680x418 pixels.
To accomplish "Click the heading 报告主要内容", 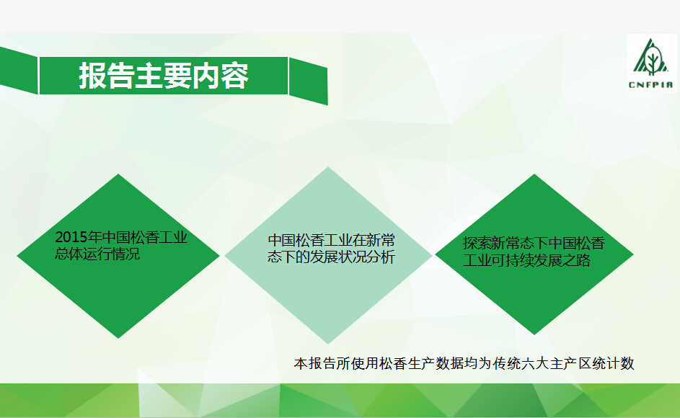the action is [x=164, y=76].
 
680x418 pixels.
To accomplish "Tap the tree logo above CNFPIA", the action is [x=651, y=57].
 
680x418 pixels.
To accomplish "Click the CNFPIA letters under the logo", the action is [x=651, y=84].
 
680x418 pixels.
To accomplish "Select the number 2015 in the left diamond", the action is [x=71, y=237].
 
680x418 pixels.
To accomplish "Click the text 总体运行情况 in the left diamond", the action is [x=97, y=254].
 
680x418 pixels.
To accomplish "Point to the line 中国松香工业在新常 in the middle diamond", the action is [x=331, y=240].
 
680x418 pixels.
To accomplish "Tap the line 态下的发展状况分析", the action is [x=331, y=257].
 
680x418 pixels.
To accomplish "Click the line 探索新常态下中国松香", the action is [x=534, y=243].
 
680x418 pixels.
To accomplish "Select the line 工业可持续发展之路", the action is [x=527, y=260].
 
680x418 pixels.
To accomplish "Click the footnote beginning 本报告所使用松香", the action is [x=464, y=363].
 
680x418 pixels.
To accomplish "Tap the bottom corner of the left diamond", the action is [x=118, y=338].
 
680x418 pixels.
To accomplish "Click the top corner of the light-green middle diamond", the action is [x=328, y=167].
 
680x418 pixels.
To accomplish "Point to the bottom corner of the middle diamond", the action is [x=328, y=344].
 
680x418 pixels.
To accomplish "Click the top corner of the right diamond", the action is [x=534, y=174].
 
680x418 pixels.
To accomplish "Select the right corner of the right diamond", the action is [x=633, y=254].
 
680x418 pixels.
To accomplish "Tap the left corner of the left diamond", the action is [x=17, y=256].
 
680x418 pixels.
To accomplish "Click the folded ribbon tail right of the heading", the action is [x=309, y=81].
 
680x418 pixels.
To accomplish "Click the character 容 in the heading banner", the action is [x=235, y=76].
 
